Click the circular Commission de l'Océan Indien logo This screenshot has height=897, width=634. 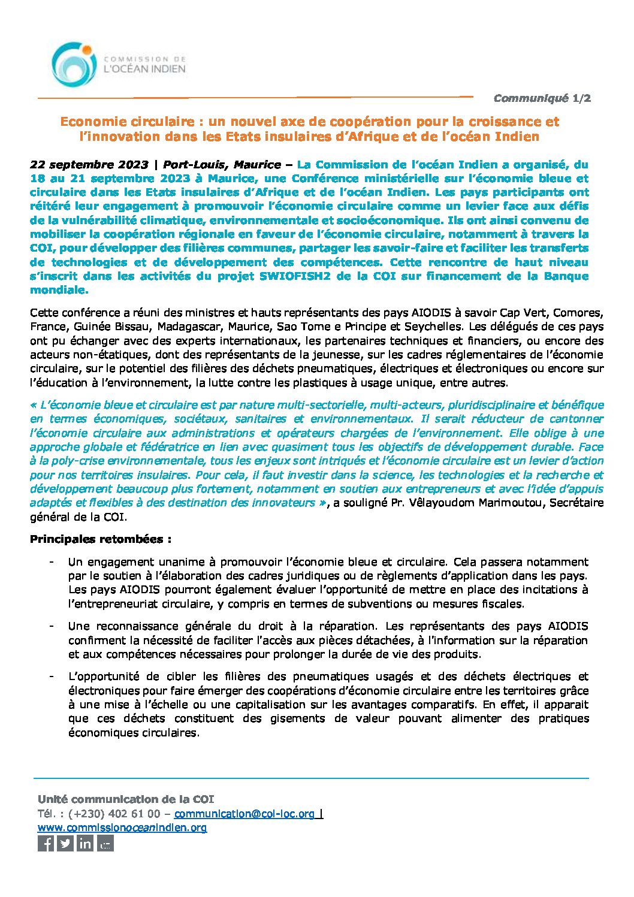73,65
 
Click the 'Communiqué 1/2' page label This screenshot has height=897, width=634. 542,98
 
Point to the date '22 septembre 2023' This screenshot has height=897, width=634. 89,164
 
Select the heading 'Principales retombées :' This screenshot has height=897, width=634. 101,539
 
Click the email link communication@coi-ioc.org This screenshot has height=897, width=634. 244,814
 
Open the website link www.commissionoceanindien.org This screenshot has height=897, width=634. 122,827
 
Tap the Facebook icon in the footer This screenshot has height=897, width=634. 46,844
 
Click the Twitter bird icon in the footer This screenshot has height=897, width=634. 66,844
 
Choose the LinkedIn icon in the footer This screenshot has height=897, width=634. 86,844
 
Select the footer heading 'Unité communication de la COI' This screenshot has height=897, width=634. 125,799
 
